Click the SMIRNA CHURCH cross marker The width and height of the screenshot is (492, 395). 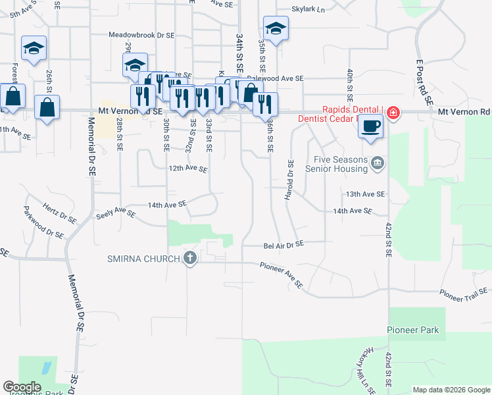[x=190, y=258]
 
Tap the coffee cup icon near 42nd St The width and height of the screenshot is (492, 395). [x=371, y=125]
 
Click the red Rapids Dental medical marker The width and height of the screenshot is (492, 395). [x=393, y=113]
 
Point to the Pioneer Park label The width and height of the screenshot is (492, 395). [x=412, y=330]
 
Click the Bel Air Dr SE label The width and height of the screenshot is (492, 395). [x=283, y=244]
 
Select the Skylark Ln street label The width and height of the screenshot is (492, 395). [x=309, y=10]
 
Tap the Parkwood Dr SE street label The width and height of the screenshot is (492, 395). [x=43, y=222]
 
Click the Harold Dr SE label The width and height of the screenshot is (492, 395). [x=289, y=180]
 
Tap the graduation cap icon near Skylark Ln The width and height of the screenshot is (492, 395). [x=276, y=28]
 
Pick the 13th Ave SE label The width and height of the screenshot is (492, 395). [x=365, y=195]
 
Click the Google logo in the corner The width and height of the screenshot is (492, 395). [x=22, y=387]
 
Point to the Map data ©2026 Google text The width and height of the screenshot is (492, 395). [x=451, y=390]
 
